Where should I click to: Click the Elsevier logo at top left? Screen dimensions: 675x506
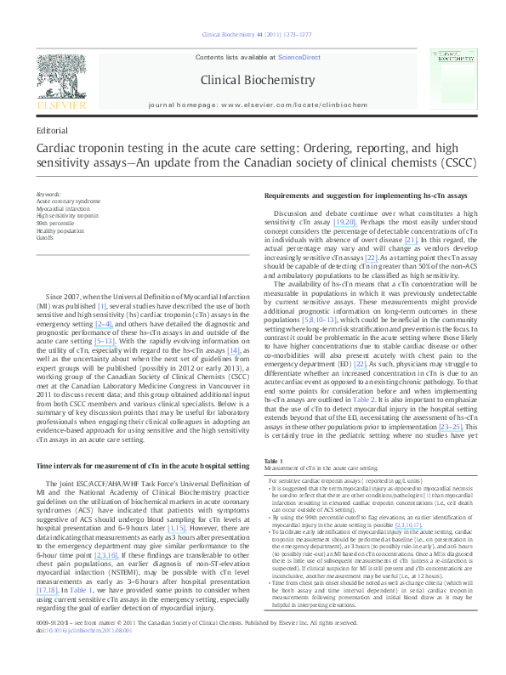tap(60, 81)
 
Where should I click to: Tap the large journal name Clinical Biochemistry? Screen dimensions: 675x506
tap(251, 79)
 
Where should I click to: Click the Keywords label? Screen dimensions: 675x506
tap(49, 195)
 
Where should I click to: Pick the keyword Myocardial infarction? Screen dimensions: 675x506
tap(65, 208)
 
